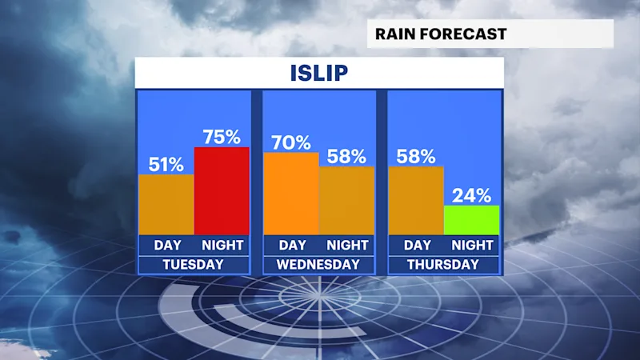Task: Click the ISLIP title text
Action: (x=318, y=73)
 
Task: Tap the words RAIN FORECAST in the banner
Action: (x=441, y=34)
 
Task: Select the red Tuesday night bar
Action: (x=222, y=191)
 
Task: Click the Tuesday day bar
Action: (x=166, y=205)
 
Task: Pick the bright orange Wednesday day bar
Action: (x=291, y=194)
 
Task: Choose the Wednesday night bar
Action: (x=346, y=201)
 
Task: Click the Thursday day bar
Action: (x=416, y=201)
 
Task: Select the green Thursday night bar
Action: (x=471, y=220)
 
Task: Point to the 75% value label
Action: (x=222, y=137)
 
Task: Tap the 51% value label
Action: (x=166, y=165)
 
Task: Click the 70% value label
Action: (x=291, y=143)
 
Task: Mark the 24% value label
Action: (x=471, y=196)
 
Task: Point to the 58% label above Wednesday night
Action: (x=346, y=156)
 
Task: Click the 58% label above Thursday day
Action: (x=416, y=156)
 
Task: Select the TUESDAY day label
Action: (x=193, y=265)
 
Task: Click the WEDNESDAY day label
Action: (x=318, y=265)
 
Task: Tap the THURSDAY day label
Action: (x=443, y=265)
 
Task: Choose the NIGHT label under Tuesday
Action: (x=222, y=245)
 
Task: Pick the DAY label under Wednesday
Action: (x=293, y=245)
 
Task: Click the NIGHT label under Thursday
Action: (x=472, y=245)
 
